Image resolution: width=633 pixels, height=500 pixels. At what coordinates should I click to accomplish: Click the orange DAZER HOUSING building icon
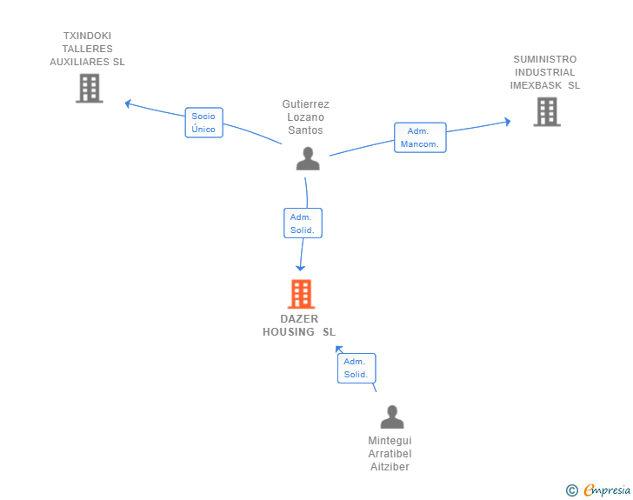(301, 294)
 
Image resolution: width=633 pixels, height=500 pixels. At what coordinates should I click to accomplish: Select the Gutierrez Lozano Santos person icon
(308, 158)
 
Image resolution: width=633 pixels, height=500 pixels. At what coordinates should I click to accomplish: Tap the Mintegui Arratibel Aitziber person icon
(392, 417)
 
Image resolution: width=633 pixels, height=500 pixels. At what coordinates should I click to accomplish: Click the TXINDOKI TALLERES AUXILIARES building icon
(90, 88)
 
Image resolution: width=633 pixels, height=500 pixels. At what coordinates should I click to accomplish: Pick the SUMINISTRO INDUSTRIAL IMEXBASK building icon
(547, 111)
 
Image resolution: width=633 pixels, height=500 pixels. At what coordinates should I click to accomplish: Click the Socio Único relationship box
(203, 123)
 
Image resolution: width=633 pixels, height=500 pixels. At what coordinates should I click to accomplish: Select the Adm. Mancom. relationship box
(420, 137)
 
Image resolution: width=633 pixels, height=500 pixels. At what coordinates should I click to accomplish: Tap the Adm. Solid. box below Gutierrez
(303, 223)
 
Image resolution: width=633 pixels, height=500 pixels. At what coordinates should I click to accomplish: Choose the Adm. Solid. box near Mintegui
(356, 368)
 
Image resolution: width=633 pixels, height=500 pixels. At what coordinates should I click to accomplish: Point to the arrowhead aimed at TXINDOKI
(128, 103)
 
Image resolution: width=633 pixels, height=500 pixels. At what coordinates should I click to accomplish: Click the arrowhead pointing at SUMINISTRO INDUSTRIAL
(508, 121)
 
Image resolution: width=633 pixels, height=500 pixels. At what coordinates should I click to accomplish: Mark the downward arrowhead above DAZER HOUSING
(300, 268)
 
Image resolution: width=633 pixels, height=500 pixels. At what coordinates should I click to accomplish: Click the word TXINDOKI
(87, 36)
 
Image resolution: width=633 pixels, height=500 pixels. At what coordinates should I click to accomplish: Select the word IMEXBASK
(536, 85)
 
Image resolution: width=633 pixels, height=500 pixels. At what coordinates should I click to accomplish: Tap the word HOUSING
(289, 331)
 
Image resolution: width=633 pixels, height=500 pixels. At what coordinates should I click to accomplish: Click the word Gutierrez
(305, 103)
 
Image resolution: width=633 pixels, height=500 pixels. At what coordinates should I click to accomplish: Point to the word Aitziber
(390, 466)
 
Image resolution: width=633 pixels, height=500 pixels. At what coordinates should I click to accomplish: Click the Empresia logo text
(607, 490)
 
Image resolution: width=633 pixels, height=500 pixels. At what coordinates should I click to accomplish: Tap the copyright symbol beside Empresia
(572, 490)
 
